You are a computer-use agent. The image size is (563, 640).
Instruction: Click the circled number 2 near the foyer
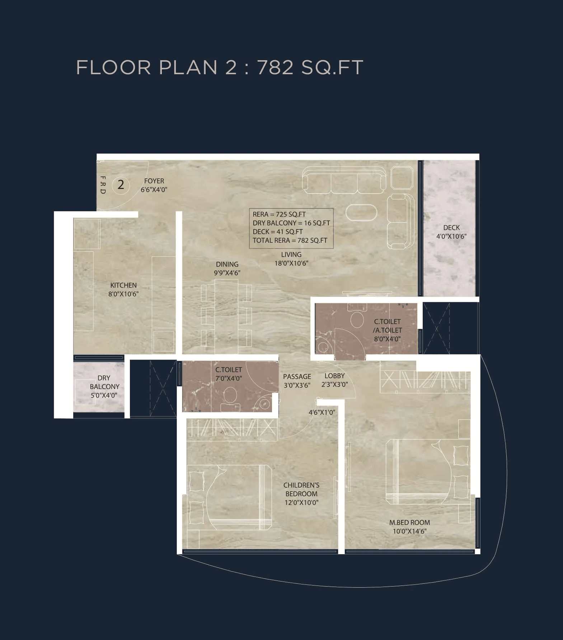pos(121,185)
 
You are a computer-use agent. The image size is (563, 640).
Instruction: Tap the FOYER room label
pos(154,185)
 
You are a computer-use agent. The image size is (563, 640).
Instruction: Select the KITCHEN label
pos(123,290)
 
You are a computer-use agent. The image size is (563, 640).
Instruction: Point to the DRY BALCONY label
pos(104,387)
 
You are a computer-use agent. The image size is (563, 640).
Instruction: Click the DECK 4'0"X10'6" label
pos(451,232)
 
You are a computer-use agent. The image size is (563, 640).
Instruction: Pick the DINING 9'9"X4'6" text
pos(227,269)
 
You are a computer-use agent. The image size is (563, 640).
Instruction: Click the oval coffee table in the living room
pos(361,212)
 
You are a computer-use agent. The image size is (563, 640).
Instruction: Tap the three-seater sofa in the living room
pos(344,180)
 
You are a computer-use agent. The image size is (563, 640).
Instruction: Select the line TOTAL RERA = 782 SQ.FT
pos(290,241)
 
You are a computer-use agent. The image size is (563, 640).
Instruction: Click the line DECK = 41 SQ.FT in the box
pos(278,232)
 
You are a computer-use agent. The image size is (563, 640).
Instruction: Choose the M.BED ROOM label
pos(409,527)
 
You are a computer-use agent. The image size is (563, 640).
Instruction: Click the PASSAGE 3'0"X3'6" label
pos(297,381)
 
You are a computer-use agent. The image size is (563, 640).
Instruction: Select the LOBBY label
pos(334,376)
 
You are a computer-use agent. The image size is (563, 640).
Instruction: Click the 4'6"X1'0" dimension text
pos(322,412)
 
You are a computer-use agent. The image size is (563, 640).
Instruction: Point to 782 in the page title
pos(275,67)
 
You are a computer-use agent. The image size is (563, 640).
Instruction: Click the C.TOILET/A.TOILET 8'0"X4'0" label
pos(387,330)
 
